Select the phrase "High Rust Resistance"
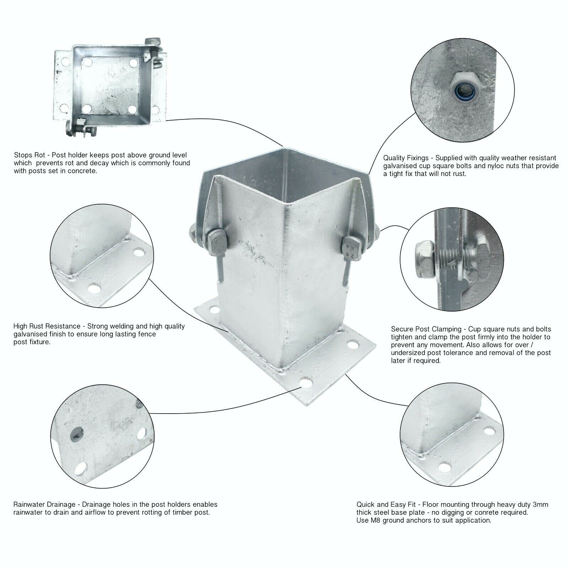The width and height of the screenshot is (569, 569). coord(47,326)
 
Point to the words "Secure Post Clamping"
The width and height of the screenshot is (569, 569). coord(426,329)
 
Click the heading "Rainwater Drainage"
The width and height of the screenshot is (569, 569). coord(44,504)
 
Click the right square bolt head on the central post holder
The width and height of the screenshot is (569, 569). coord(350,245)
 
